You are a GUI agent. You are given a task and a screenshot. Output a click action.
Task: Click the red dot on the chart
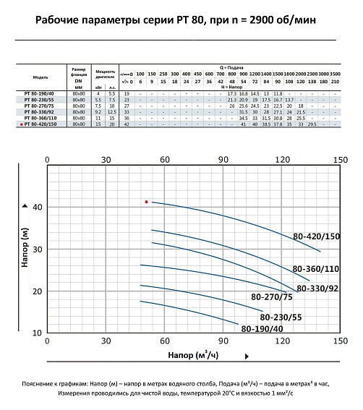click(147, 202)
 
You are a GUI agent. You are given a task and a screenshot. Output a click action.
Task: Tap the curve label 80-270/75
click(271, 297)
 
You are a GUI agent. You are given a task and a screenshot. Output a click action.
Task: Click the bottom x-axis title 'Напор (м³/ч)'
click(193, 356)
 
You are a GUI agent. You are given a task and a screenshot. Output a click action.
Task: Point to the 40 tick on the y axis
click(38, 207)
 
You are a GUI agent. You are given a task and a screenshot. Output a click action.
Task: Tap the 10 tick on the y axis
click(38, 333)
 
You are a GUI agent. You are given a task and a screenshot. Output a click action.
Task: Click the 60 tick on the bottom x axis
click(164, 341)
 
